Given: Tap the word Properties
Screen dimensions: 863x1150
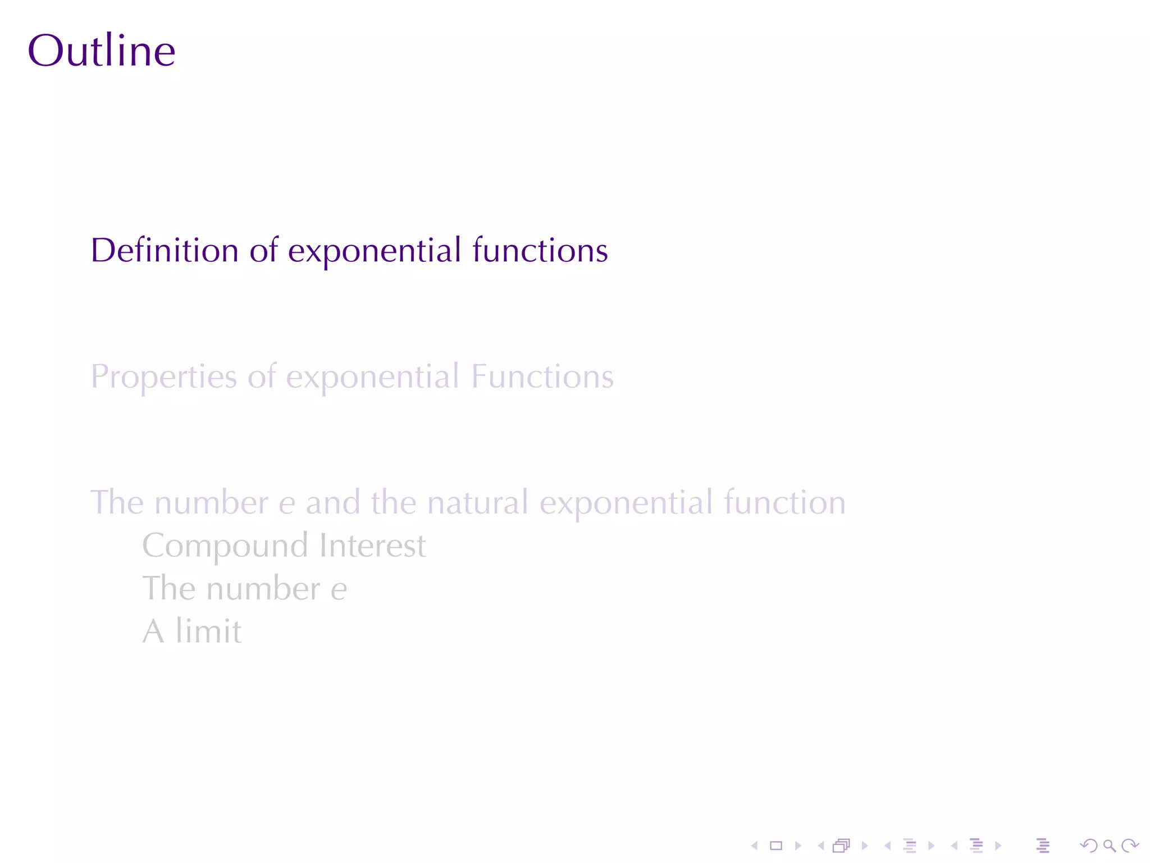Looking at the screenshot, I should coord(163,377).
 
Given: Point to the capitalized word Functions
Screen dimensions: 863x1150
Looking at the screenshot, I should coord(542,376).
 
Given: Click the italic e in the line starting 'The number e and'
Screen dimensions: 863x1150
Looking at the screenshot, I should coord(286,503).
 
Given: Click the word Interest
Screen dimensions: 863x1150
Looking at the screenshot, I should coord(372,546).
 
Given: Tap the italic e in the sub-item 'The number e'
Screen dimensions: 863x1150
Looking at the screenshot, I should coord(339,589).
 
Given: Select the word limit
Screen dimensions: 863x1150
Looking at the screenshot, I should coord(208,632).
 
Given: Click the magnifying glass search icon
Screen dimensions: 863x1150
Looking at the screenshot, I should coord(1109,846).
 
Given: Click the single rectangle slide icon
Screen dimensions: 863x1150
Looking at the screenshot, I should coord(776,846).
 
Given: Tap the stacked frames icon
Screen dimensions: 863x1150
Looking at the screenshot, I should coord(841,846).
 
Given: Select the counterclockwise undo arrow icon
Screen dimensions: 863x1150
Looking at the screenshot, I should coord(1088,846).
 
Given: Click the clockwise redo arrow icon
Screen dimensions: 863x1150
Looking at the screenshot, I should coord(1129,846).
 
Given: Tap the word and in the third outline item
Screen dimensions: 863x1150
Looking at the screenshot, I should coord(332,502).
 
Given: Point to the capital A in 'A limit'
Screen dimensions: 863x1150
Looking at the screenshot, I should coord(153,632).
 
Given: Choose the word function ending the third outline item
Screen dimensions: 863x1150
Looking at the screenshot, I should coord(784,502).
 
